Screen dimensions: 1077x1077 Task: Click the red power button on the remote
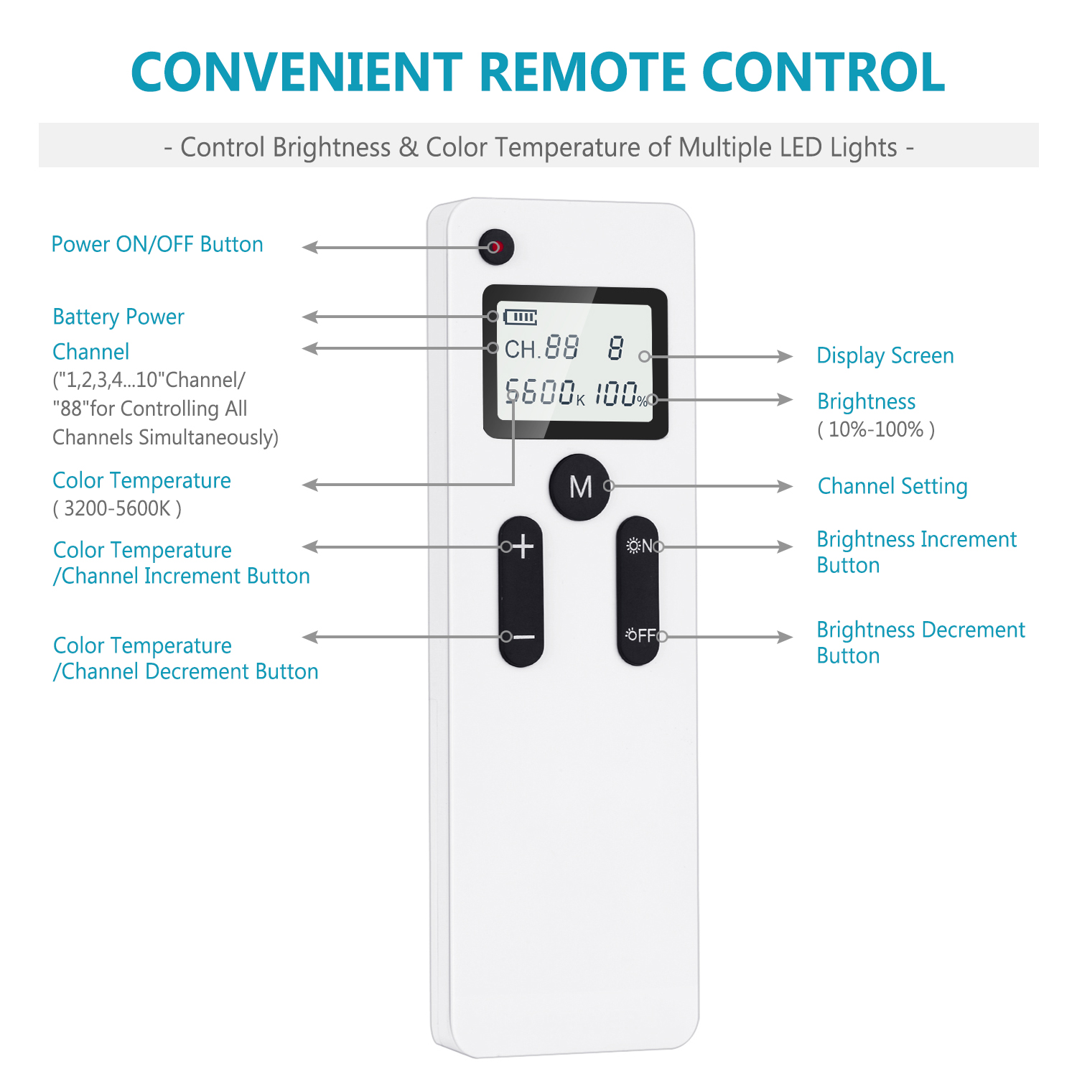(x=496, y=247)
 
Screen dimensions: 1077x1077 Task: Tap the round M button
(x=580, y=487)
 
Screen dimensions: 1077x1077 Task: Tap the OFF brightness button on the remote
(x=638, y=635)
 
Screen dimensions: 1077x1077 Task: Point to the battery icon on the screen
(x=521, y=317)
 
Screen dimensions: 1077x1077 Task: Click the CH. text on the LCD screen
(x=522, y=350)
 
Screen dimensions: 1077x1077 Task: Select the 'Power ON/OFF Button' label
(x=157, y=244)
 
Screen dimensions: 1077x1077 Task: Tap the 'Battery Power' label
(x=118, y=317)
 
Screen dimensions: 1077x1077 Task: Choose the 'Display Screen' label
(x=885, y=355)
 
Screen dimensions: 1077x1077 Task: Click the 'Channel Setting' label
(x=892, y=486)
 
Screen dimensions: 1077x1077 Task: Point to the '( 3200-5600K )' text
(x=117, y=508)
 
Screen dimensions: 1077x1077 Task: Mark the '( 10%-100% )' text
(x=876, y=429)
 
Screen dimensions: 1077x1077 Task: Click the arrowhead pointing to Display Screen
(x=785, y=356)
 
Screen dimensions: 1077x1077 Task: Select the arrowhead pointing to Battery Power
(x=310, y=317)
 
